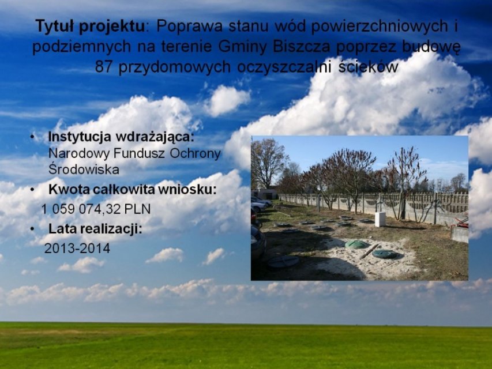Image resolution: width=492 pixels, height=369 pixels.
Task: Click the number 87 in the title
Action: click(x=103, y=66)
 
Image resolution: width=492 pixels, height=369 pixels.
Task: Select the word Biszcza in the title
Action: click(x=301, y=47)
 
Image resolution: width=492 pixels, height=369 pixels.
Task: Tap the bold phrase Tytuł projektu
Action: click(x=91, y=27)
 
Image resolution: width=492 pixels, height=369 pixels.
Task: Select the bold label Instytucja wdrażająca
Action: click(x=121, y=137)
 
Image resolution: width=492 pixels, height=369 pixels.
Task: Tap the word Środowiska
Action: click(x=84, y=169)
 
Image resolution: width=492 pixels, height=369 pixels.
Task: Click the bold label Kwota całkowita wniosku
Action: click(x=133, y=190)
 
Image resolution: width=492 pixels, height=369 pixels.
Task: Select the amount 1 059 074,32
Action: click(x=81, y=209)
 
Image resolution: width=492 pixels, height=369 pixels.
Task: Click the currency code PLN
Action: click(x=137, y=209)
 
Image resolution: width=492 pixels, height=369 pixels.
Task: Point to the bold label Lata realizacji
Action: click(x=95, y=229)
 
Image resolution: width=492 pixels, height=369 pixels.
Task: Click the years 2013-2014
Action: click(x=77, y=248)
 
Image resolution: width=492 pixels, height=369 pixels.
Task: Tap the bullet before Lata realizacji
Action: click(x=32, y=229)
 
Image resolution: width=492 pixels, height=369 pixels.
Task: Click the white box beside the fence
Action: click(x=380, y=219)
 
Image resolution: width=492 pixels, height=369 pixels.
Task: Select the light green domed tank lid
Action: click(x=357, y=244)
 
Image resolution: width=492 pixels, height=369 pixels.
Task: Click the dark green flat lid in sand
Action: click(x=384, y=254)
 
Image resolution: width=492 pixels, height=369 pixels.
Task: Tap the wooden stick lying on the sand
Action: click(x=369, y=251)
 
